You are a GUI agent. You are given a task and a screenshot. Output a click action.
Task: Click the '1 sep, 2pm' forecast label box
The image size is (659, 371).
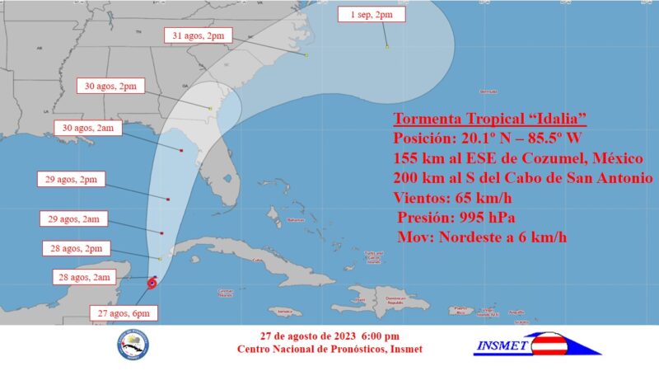tap(365, 14)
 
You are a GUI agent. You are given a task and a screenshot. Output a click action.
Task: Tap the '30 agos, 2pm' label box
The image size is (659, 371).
tap(111, 85)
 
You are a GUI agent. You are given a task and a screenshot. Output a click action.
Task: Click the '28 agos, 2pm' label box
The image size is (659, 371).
tap(75, 248)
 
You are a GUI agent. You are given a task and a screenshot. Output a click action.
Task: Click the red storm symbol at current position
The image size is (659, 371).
tap(152, 284)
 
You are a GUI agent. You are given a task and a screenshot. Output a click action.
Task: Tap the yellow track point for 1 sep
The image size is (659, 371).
tap(386, 46)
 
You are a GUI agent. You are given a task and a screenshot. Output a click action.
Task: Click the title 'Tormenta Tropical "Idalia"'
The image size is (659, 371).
tap(489, 117)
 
